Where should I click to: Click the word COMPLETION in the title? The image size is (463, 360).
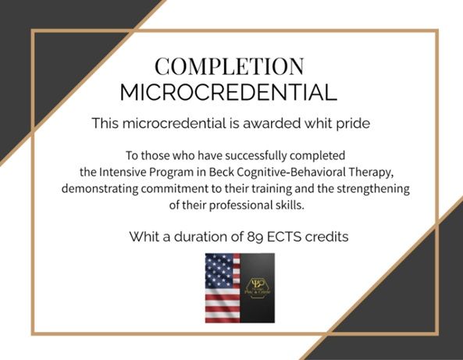click(x=229, y=65)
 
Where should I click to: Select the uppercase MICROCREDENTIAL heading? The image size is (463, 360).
click(x=229, y=92)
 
